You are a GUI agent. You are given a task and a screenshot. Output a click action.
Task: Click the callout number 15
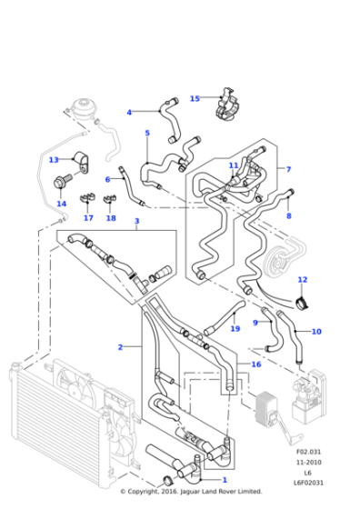click(x=195, y=98)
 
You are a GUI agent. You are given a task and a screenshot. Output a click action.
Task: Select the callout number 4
click(x=129, y=113)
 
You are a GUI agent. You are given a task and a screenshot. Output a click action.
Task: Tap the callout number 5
click(x=147, y=133)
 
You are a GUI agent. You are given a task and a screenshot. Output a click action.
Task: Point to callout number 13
click(x=53, y=160)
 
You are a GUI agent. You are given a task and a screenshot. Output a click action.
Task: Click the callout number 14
click(x=61, y=204)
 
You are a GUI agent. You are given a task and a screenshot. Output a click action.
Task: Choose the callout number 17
click(x=88, y=218)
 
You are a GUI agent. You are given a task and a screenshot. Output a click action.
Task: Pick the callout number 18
click(x=111, y=218)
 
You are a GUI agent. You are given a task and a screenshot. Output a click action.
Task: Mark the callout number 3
click(x=136, y=221)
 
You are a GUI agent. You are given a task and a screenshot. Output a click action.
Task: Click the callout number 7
click(x=288, y=169)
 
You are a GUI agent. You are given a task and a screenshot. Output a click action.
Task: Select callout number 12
click(x=302, y=279)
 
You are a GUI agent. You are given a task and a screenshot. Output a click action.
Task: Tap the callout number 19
click(x=235, y=328)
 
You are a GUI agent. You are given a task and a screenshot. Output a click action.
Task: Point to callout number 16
click(x=256, y=364)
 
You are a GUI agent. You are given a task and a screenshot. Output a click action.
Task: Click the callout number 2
click(x=120, y=346)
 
